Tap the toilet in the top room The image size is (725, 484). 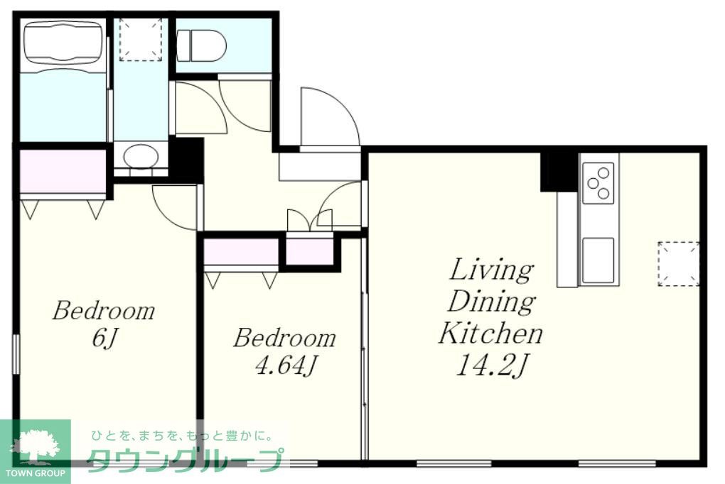[202, 45]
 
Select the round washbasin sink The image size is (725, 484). [141, 157]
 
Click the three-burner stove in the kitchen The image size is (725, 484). [598, 183]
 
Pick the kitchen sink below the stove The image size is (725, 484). [598, 260]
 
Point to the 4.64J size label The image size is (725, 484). [285, 365]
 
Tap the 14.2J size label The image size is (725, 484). [490, 365]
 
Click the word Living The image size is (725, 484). [491, 271]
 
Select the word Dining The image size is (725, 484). [491, 302]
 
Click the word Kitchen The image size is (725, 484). [490, 333]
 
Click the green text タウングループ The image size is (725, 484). [185, 460]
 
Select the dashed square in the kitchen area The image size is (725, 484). [678, 264]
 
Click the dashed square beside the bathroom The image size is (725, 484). [141, 39]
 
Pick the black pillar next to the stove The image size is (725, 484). [559, 171]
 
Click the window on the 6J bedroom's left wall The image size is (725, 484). [16, 354]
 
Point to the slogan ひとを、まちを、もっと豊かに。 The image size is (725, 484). [182, 436]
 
